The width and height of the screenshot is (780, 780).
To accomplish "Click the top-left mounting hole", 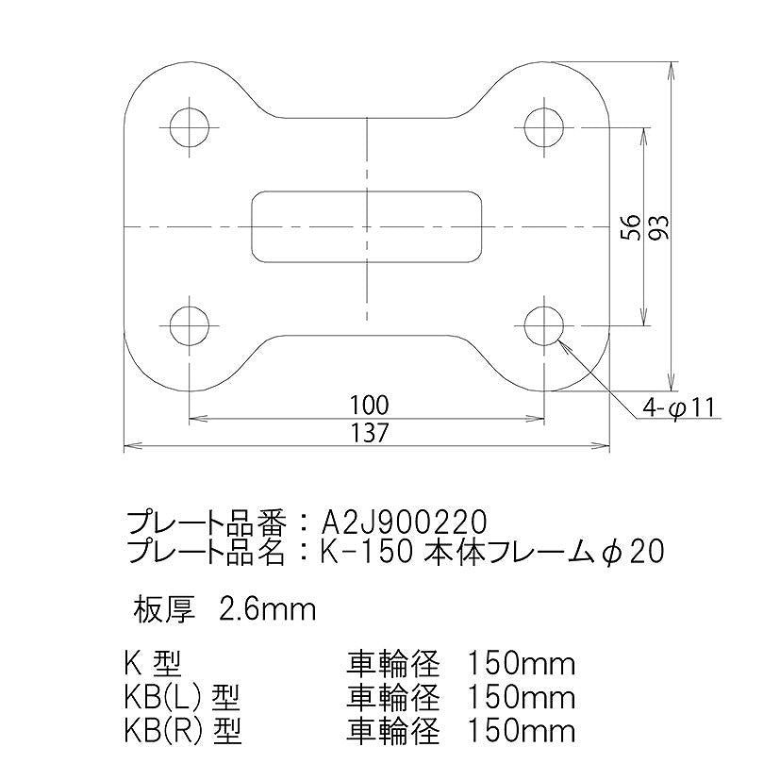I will pyautogui.click(x=190, y=125).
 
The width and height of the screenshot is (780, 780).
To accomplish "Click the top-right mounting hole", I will pyautogui.click(x=545, y=125).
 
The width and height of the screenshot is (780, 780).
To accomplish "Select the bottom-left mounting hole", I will pyautogui.click(x=190, y=324).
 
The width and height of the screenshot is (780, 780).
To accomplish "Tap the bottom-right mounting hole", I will pyautogui.click(x=545, y=324).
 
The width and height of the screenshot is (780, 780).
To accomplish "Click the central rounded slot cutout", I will pyautogui.click(x=368, y=225).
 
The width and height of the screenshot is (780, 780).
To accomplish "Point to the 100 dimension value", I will pyautogui.click(x=368, y=405).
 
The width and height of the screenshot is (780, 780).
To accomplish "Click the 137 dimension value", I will pyautogui.click(x=368, y=432).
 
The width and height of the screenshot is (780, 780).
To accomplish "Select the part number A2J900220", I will pyautogui.click(x=405, y=522).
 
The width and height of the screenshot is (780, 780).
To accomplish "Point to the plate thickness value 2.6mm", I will pyautogui.click(x=266, y=608).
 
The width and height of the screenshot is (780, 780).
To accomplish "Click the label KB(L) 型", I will pyautogui.click(x=182, y=699).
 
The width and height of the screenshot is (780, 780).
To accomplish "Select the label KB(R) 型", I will pyautogui.click(x=182, y=731).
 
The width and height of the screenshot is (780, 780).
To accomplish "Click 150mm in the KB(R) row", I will pyautogui.click(x=521, y=731).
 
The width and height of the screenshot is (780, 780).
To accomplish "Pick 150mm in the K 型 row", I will pyautogui.click(x=521, y=665).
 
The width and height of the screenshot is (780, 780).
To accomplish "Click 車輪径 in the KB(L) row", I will pyautogui.click(x=393, y=699).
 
